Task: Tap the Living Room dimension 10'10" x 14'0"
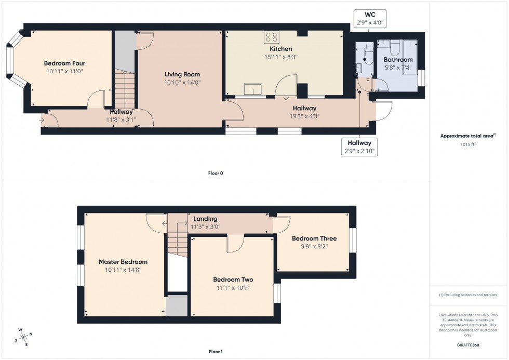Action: pos(182,82)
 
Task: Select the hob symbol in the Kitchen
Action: pos(272,37)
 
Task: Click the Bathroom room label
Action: pos(398,60)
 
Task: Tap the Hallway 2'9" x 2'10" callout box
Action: pos(359,147)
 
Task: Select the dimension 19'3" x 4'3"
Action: pos(305,116)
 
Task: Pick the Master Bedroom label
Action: pos(123,262)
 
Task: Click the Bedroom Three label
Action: pos(314,238)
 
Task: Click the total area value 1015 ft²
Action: pos(468,144)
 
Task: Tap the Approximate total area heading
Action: pos(468,136)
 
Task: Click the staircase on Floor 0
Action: pos(125,88)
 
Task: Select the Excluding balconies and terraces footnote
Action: pos(468,295)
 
